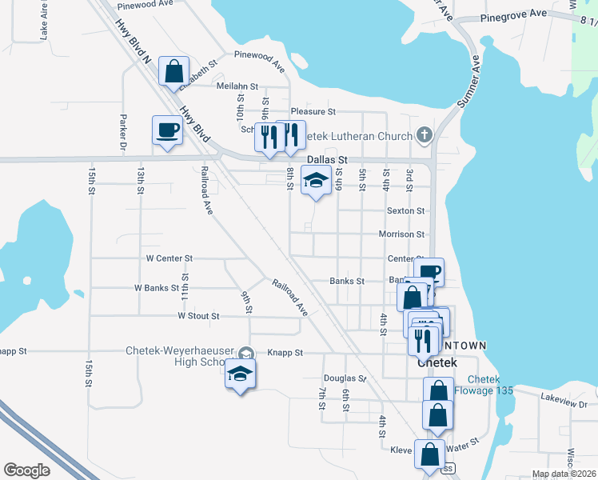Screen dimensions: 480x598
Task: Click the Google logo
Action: pos(26,470)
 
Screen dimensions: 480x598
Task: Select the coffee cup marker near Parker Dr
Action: pos(168,130)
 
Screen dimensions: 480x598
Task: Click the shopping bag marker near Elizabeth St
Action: pos(174,72)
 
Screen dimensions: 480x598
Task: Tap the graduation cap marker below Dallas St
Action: pos(316,182)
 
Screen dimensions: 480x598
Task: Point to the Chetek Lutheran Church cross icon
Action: pos(424,136)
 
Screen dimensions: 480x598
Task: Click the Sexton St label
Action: pos(405,210)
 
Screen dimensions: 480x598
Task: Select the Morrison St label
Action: pos(401,234)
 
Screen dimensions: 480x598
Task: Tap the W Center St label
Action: pos(169,258)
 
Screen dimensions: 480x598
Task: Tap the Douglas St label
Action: pos(344,378)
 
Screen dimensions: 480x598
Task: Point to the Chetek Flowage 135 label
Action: pos(484,385)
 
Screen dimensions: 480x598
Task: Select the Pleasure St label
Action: pos(313,111)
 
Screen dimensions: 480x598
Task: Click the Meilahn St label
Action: pos(237,86)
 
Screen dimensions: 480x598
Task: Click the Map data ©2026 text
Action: pos(564,474)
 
